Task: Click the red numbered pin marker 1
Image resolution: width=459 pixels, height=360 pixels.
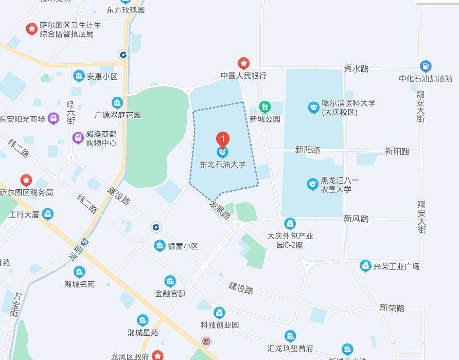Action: (x=222, y=139)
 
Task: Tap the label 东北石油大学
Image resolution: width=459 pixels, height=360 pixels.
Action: (x=222, y=165)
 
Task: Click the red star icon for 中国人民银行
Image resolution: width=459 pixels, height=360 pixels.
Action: (x=243, y=63)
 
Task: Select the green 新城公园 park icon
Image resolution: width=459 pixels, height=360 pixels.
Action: (x=264, y=107)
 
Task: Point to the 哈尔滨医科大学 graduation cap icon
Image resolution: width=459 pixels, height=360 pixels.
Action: (x=313, y=107)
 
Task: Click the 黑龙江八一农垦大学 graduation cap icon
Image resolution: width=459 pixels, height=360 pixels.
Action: (x=312, y=184)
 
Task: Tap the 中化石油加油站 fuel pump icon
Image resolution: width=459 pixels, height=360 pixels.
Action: (x=426, y=66)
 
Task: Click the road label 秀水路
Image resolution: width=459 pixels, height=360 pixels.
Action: (x=356, y=69)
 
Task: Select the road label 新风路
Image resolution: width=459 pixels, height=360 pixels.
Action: (x=356, y=219)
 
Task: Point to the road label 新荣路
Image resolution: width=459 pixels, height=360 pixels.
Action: (x=392, y=308)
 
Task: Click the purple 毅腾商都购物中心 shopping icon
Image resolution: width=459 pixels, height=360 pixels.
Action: (x=78, y=138)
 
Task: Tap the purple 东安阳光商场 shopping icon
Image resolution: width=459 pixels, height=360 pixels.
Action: (x=54, y=119)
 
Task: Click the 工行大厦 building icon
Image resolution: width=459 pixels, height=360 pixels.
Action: (x=48, y=213)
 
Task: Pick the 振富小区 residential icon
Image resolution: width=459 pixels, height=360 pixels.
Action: (x=160, y=246)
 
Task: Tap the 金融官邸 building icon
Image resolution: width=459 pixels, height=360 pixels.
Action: (x=170, y=281)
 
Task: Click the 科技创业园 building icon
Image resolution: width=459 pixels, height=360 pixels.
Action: (x=220, y=313)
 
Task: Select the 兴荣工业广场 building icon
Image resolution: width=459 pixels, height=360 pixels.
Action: (x=365, y=266)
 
